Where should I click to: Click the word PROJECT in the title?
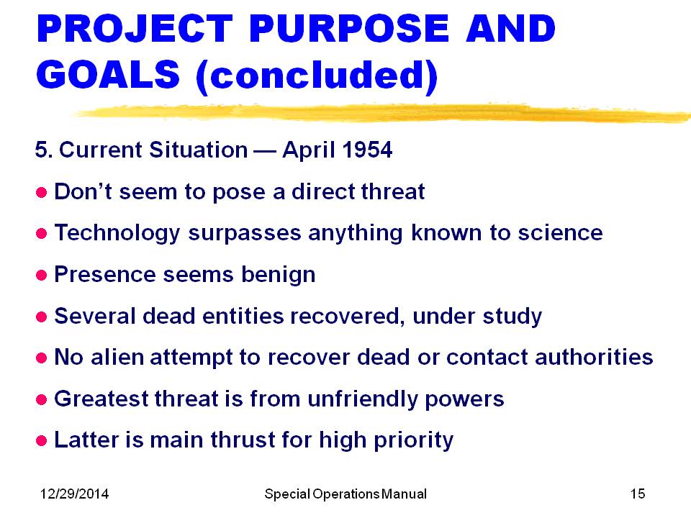pyautogui.click(x=135, y=29)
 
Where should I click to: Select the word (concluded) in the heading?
pyautogui.click(x=317, y=76)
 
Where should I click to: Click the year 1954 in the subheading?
pyautogui.click(x=367, y=150)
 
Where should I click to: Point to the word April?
pyautogui.click(x=309, y=150)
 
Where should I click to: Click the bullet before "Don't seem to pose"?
pyautogui.click(x=42, y=193)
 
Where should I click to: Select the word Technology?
pyautogui.click(x=117, y=233)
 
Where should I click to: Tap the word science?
pyautogui.click(x=560, y=232)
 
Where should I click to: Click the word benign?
pyautogui.click(x=278, y=276)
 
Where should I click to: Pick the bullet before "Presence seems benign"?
pyautogui.click(x=42, y=276)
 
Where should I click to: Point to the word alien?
pyautogui.click(x=117, y=357)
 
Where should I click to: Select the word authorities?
pyautogui.click(x=594, y=357)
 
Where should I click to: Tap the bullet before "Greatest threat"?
pyautogui.click(x=42, y=399)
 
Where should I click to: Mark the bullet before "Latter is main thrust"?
pyautogui.click(x=42, y=440)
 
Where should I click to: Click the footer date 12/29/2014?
pyautogui.click(x=74, y=494)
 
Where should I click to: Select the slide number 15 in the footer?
pyautogui.click(x=638, y=494)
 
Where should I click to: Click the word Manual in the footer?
pyautogui.click(x=404, y=494)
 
